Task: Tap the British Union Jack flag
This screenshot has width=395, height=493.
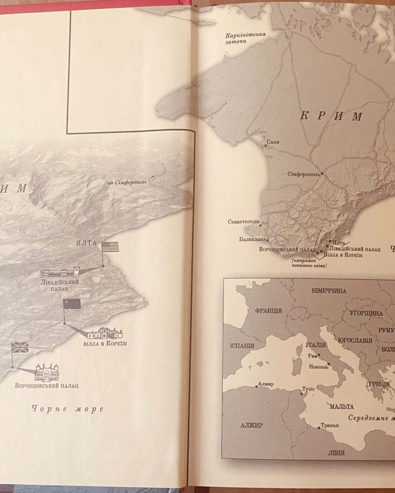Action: pos(20,347)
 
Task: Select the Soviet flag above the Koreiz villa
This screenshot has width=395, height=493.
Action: pos(72,303)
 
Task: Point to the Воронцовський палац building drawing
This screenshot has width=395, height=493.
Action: pos(47,372)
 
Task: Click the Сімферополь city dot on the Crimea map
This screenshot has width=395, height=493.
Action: pos(322,173)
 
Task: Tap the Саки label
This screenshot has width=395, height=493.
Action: pos(273,142)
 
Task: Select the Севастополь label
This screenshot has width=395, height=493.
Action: pos(243,222)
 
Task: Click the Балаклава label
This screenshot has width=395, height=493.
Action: pos(252,239)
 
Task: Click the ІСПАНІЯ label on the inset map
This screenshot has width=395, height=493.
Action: pos(242,345)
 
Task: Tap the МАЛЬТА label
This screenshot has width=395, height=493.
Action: pos(342,406)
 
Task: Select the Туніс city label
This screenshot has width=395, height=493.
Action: pos(308,389)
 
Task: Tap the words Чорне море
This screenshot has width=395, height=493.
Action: pos(68,409)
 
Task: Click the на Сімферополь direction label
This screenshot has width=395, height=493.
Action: pos(127,183)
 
